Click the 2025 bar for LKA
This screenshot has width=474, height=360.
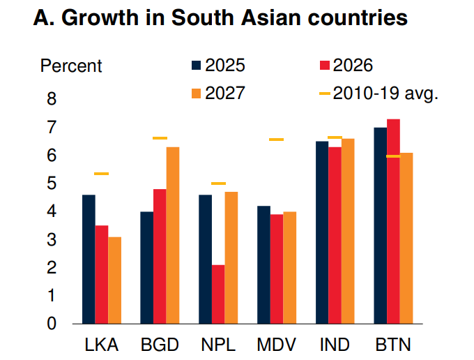(89, 259)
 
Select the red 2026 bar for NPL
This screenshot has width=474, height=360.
(219, 294)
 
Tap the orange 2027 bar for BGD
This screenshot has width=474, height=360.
(172, 235)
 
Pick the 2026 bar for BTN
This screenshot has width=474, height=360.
(394, 221)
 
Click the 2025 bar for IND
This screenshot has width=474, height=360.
(321, 232)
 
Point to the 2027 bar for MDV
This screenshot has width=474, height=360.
(290, 267)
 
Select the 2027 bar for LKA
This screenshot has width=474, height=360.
(114, 280)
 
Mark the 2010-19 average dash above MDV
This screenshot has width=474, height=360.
(277, 140)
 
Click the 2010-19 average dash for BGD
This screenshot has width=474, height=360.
(160, 138)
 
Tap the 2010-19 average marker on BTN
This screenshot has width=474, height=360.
(394, 156)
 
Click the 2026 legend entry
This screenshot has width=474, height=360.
(346, 66)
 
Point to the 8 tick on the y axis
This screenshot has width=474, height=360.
(52, 99)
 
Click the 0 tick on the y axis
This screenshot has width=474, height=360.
(52, 323)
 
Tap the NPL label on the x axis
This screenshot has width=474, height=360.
(217, 345)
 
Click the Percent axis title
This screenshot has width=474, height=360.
(71, 66)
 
